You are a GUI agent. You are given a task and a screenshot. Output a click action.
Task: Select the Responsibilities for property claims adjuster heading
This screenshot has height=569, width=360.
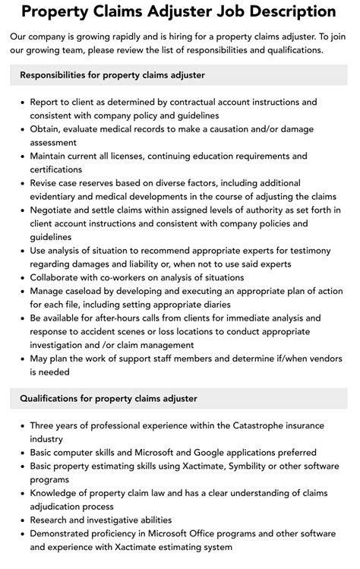click(112, 75)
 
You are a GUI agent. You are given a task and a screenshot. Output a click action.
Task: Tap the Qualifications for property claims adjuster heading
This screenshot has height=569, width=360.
click(109, 398)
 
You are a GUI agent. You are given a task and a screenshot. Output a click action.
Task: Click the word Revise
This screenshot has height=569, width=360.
click(46, 183)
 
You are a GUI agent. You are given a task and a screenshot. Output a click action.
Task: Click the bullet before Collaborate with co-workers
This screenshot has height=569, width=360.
click(22, 278)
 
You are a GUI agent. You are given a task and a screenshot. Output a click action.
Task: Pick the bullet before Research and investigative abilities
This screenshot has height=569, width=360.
click(22, 520)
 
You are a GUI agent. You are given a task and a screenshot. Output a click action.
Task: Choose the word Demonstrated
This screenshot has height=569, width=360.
click(65, 533)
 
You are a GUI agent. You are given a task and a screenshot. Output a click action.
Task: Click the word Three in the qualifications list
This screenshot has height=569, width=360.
click(44, 426)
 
